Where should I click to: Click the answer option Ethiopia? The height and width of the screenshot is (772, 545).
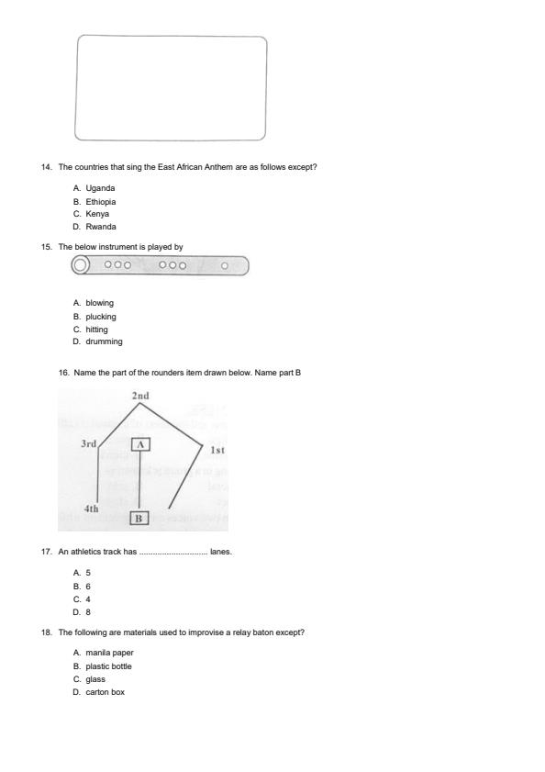101,201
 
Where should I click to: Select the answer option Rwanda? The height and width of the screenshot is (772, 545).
101,227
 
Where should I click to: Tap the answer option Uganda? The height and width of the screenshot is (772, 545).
100,188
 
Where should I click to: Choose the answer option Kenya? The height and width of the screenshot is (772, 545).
97,214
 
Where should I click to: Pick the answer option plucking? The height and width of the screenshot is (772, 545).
101,317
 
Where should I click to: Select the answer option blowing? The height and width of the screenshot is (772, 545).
100,303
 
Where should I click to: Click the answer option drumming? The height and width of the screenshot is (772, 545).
104,341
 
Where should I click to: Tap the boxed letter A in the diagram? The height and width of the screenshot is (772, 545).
139,444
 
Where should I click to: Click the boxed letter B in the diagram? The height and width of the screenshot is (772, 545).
139,519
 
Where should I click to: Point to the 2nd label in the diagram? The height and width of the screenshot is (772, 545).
140,397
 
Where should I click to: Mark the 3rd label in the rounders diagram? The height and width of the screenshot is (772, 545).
88,444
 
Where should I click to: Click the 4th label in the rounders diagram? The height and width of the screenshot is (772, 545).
91,509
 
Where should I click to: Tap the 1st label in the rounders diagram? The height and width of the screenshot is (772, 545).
217,451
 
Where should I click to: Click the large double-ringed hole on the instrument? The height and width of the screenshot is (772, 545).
81,265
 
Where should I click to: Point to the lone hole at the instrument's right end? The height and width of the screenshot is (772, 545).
225,265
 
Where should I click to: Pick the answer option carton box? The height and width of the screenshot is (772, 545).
105,692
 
